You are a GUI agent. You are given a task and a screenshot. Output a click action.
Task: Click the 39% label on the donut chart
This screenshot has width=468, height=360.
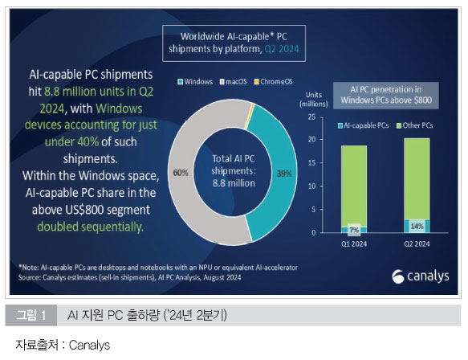click(284, 174)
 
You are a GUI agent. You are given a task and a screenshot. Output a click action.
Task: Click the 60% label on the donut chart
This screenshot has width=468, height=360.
click(181, 173)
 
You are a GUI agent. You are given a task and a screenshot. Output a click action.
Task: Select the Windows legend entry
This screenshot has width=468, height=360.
click(195, 81)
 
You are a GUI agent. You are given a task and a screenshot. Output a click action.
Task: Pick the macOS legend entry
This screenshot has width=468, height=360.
click(234, 81)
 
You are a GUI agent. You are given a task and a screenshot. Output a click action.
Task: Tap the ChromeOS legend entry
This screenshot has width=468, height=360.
click(274, 81)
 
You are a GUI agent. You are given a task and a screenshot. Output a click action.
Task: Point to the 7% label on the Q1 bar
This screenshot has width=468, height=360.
click(354, 230)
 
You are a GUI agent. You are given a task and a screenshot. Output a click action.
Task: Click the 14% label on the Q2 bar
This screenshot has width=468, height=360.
click(417, 226)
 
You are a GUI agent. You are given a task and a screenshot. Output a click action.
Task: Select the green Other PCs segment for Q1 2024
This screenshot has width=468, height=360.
click(354, 186)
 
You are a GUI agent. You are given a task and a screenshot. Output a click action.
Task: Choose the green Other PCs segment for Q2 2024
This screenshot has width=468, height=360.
click(417, 179)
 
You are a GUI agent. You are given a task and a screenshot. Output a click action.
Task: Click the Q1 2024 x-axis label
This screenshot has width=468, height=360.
click(354, 243)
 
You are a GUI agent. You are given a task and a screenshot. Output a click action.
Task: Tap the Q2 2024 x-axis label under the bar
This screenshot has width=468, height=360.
click(417, 243)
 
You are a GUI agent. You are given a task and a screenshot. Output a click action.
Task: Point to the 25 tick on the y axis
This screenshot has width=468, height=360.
click(312, 117)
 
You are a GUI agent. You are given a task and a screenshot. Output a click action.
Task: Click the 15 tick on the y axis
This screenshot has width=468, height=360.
click(312, 163)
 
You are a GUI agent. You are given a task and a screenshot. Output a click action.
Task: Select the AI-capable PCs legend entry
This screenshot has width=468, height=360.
click(363, 125)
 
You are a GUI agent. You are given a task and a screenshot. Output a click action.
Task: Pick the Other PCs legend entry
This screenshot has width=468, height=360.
click(415, 125)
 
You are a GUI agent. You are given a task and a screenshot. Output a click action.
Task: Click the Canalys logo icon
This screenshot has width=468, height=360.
click(398, 276)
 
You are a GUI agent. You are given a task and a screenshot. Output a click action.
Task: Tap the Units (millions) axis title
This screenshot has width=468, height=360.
click(314, 99)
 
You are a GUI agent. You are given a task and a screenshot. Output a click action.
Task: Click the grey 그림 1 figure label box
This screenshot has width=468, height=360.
click(31, 315)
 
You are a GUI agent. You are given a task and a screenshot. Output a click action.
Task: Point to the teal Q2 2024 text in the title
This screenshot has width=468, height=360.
click(282, 49)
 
